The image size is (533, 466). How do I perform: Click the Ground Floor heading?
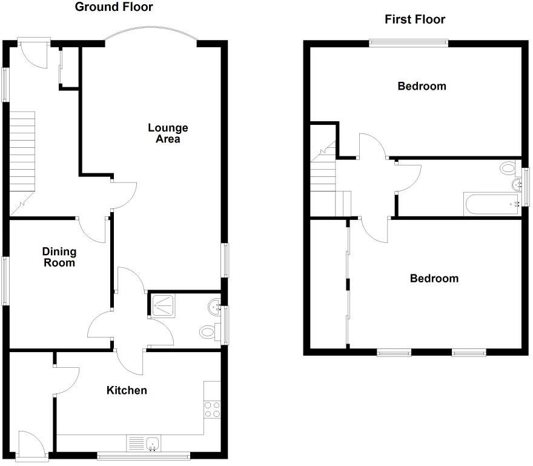point(113,7)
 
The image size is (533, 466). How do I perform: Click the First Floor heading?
point(415,19)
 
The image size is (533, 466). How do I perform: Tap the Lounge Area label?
point(168,133)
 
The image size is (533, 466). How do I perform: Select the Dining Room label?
point(59,257)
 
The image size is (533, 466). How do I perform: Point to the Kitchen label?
point(127,390)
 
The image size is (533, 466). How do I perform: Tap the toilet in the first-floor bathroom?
point(507,168)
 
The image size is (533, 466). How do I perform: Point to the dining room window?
point(5,280)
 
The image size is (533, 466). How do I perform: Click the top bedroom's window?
point(409,42)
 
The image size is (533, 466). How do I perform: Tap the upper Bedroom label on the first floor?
point(422,86)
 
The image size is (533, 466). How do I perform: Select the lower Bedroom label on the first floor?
point(434,279)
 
